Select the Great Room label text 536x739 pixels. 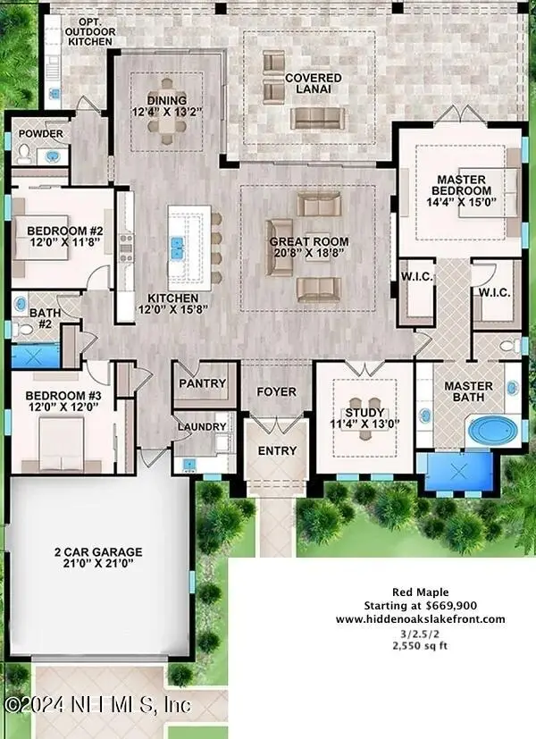(x=309, y=242)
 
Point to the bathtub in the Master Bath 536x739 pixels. (x=490, y=431)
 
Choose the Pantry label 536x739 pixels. (x=204, y=383)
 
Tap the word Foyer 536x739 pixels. (x=276, y=391)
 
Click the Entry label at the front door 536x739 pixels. (x=276, y=450)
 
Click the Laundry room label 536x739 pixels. (x=202, y=426)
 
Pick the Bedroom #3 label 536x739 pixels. (x=56, y=396)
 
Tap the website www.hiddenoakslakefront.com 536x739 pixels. (x=420, y=618)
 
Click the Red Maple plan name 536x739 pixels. (x=420, y=592)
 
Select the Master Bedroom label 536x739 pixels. (x=462, y=185)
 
